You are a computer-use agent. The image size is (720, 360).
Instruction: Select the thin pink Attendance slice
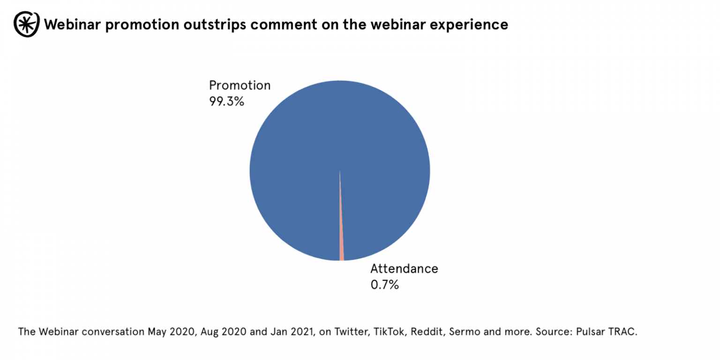[x=341, y=244]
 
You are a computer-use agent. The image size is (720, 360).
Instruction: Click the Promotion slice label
[x=240, y=86]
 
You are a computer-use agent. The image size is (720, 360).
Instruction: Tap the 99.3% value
[x=226, y=101]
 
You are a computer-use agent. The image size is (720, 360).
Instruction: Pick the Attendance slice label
[x=404, y=269]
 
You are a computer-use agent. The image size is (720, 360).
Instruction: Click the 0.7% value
[x=384, y=284]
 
